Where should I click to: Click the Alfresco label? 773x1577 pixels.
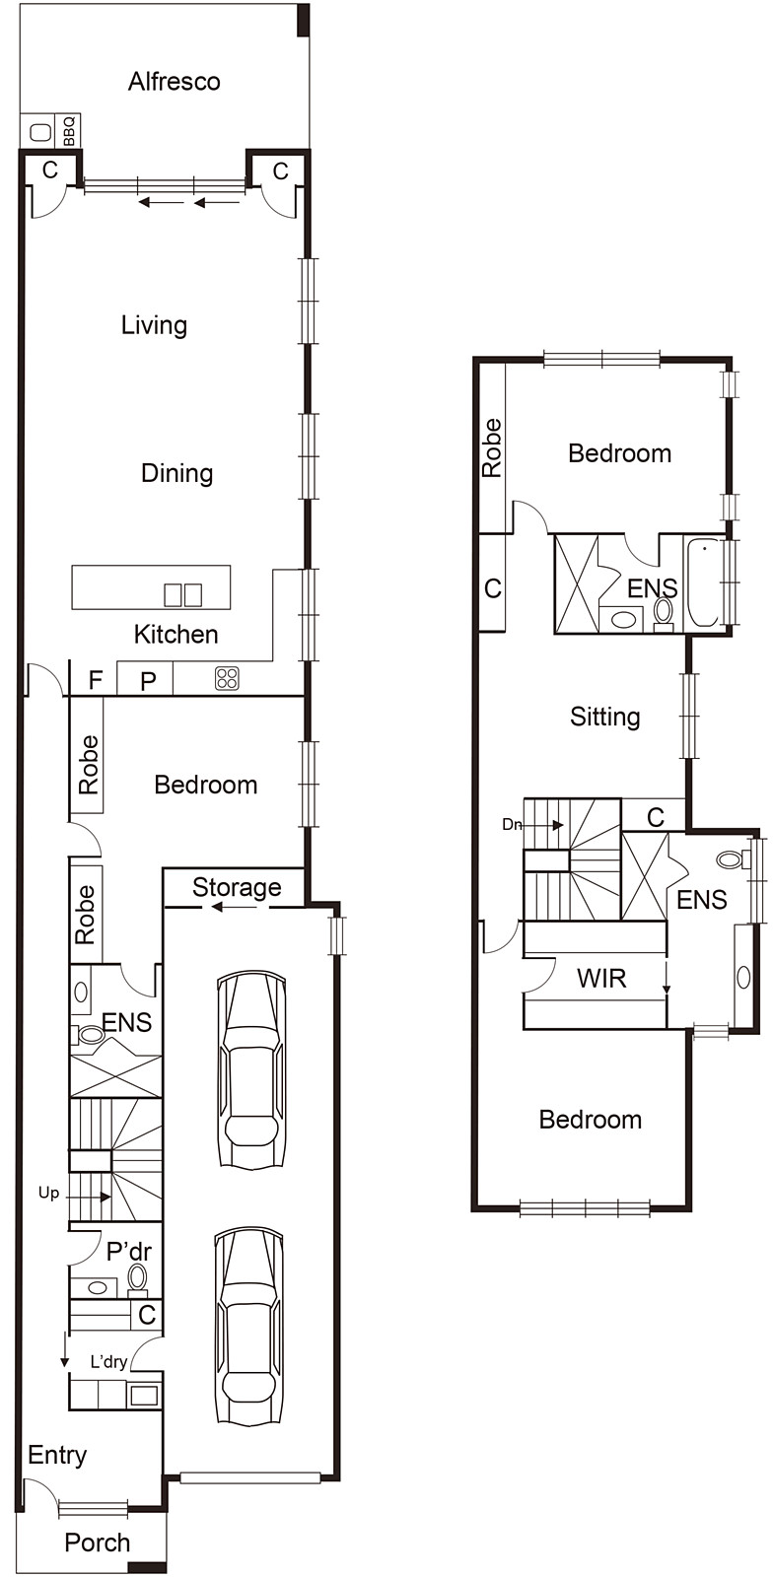pyautogui.click(x=174, y=82)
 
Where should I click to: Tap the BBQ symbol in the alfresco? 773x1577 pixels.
pyautogui.click(x=69, y=131)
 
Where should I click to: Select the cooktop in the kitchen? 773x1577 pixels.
pyautogui.click(x=227, y=678)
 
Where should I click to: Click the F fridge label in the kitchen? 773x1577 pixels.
pyautogui.click(x=96, y=680)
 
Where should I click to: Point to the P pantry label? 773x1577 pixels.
pyautogui.click(x=148, y=681)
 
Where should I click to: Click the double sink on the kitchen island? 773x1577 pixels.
pyautogui.click(x=182, y=595)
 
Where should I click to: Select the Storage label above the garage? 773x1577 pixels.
pyautogui.click(x=236, y=887)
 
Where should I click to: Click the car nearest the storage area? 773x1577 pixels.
pyautogui.click(x=252, y=1069)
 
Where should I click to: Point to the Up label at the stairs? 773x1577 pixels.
pyautogui.click(x=48, y=1194)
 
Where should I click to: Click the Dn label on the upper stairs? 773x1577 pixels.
pyautogui.click(x=511, y=824)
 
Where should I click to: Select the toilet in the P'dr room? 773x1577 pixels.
pyautogui.click(x=138, y=1278)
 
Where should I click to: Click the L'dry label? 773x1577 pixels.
pyautogui.click(x=108, y=1362)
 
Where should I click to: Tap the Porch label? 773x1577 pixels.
pyautogui.click(x=97, y=1543)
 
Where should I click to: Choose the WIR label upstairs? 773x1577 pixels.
pyautogui.click(x=600, y=979)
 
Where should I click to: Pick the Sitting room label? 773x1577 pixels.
pyautogui.click(x=604, y=717)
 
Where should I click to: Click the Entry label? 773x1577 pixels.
pyautogui.click(x=57, y=1455)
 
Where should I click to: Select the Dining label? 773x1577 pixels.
pyautogui.click(x=176, y=473)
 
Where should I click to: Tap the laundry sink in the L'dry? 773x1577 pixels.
pyautogui.click(x=144, y=1395)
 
